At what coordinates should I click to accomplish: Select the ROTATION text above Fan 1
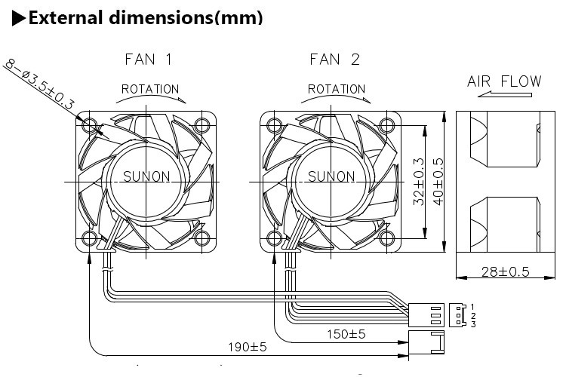(x=150, y=89)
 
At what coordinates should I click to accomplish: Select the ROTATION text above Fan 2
(x=337, y=89)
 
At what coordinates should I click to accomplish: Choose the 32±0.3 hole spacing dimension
(x=420, y=182)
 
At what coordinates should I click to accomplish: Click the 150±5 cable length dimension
(x=346, y=333)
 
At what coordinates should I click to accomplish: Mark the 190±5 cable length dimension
(x=250, y=348)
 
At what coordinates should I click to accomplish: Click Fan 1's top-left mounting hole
(x=91, y=124)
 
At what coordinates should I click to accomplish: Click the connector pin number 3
(x=472, y=324)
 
